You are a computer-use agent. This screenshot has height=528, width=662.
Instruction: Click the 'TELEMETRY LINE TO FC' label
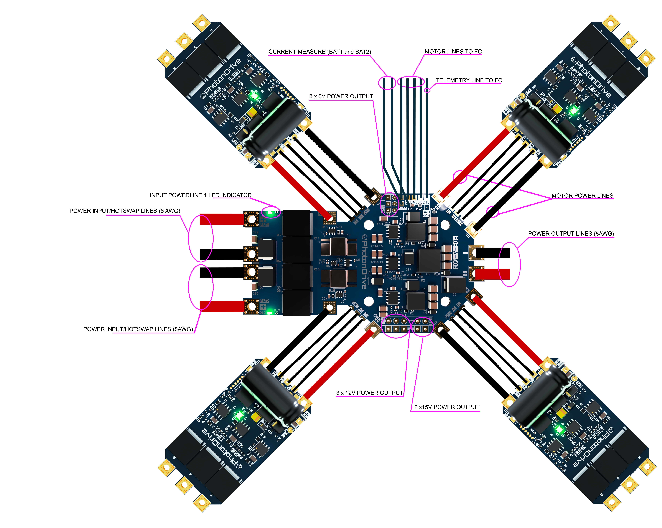pyautogui.click(x=469, y=80)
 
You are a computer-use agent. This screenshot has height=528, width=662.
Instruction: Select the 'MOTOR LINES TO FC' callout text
pyautogui.click(x=453, y=52)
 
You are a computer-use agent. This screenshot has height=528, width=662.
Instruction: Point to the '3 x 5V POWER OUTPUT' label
pyautogui.click(x=341, y=96)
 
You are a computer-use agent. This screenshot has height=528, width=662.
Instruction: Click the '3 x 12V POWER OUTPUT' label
pyautogui.click(x=369, y=393)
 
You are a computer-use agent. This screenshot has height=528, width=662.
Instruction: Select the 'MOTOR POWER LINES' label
pyautogui.click(x=582, y=196)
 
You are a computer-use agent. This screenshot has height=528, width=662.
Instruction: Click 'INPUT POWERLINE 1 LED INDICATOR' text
pyautogui.click(x=201, y=195)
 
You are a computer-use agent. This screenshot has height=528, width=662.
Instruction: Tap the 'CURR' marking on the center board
pyautogui.click(x=402, y=209)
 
